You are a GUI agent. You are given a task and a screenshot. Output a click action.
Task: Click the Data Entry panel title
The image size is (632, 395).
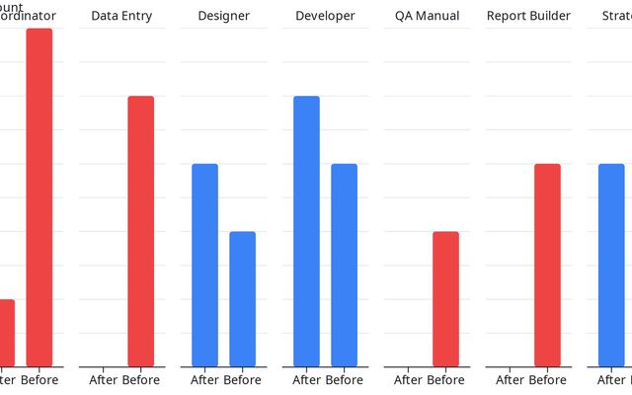[x=121, y=16]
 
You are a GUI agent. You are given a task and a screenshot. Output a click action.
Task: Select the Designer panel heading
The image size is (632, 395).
[x=223, y=16]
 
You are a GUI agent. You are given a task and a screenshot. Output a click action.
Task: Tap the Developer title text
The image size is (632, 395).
[x=325, y=16]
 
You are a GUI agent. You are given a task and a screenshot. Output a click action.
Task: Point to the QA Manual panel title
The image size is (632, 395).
[x=427, y=16]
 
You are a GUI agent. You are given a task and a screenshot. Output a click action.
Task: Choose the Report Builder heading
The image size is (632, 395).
[x=528, y=16]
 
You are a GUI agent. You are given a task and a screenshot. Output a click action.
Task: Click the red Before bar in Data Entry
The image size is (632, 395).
[x=141, y=231]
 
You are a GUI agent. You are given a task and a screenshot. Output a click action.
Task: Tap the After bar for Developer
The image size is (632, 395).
[x=306, y=231]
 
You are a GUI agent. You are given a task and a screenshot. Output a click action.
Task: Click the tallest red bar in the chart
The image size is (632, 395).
[x=39, y=197]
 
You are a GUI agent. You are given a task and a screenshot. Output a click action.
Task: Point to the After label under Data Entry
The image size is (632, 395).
[x=103, y=380]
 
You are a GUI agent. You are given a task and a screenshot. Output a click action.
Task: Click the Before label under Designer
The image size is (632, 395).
[x=243, y=380]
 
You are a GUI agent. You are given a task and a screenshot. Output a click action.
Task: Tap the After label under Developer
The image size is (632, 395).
[x=306, y=380]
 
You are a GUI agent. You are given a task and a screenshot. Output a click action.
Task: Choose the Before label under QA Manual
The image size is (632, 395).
[x=446, y=380]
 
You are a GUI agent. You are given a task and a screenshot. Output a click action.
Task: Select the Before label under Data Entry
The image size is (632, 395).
[x=141, y=380]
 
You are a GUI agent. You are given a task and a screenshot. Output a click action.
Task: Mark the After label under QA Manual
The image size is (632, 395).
[x=408, y=380]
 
